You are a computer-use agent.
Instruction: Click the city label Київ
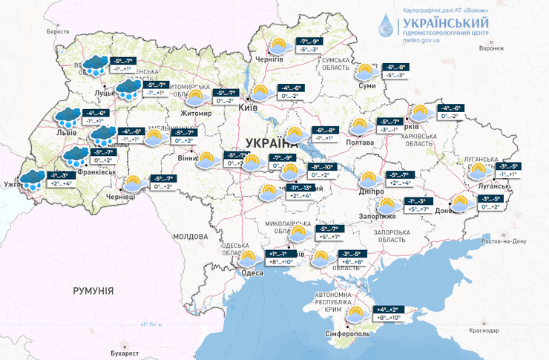click(x=248, y=108)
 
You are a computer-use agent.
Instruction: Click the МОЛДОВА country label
click(x=190, y=236)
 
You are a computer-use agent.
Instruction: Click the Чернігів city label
click(x=269, y=59)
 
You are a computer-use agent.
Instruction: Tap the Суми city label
click(x=366, y=86)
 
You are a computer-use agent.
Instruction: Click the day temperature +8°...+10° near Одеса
click(x=280, y=262)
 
